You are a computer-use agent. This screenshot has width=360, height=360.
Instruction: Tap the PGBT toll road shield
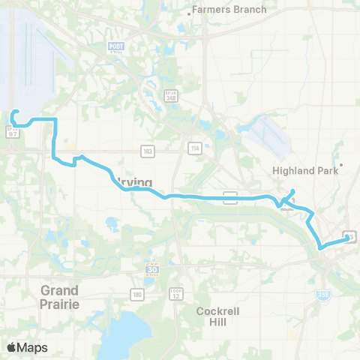point(114,48)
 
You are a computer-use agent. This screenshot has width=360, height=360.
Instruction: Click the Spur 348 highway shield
point(171,97)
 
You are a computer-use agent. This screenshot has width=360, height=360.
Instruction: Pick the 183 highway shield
point(147,151)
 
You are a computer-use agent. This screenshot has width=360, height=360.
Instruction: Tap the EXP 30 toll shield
point(153,269)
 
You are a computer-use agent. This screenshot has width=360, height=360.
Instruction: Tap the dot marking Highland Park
point(341,165)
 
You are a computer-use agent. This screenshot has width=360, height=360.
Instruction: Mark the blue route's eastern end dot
point(346,238)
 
